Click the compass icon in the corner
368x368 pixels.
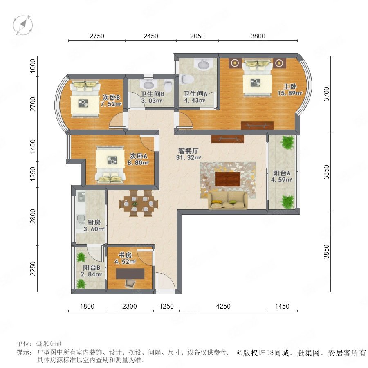click(23, 25)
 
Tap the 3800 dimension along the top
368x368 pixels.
click(258, 36)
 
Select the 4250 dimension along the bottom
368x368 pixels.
click(223, 306)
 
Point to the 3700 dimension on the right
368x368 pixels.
click(326, 94)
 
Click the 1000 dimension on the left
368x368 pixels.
click(33, 66)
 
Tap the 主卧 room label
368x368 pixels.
click(289, 86)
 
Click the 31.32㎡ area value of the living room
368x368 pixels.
click(188, 158)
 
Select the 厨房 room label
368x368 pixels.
click(94, 222)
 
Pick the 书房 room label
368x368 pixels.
click(125, 255)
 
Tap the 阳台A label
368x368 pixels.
click(282, 173)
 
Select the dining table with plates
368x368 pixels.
click(139, 203)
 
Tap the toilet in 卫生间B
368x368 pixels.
click(168, 85)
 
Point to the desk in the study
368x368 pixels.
click(130, 274)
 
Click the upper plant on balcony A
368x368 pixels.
click(287, 142)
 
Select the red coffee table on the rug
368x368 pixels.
click(228, 179)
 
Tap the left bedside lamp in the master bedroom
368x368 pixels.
click(235, 63)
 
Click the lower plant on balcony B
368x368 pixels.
click(81, 284)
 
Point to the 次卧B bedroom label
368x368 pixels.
click(111, 97)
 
